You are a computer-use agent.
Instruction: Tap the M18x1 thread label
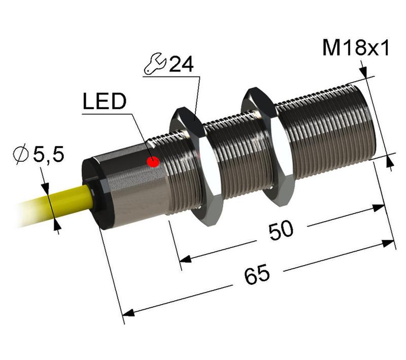tap(356, 49)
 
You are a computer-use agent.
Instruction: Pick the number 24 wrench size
tap(182, 65)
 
